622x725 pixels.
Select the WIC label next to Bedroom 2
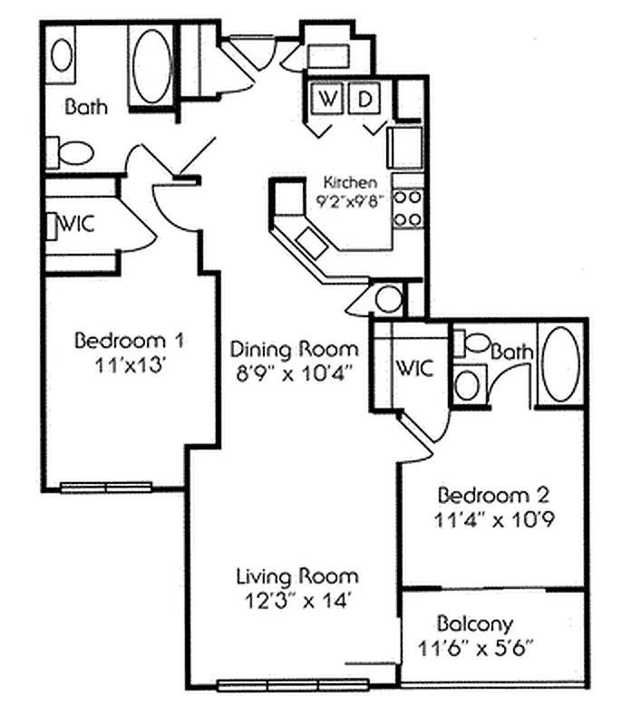(x=414, y=369)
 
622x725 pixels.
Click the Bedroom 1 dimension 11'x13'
(x=130, y=367)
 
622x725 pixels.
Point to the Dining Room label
(x=293, y=349)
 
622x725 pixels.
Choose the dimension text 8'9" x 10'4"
(x=294, y=372)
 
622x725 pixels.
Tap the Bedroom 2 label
(x=493, y=496)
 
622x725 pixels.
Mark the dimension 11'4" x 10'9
(x=494, y=521)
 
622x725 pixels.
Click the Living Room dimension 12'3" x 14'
(x=296, y=599)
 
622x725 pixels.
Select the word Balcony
(x=475, y=623)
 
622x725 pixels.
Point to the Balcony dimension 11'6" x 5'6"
(x=475, y=648)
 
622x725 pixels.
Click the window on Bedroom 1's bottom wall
(x=106, y=488)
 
